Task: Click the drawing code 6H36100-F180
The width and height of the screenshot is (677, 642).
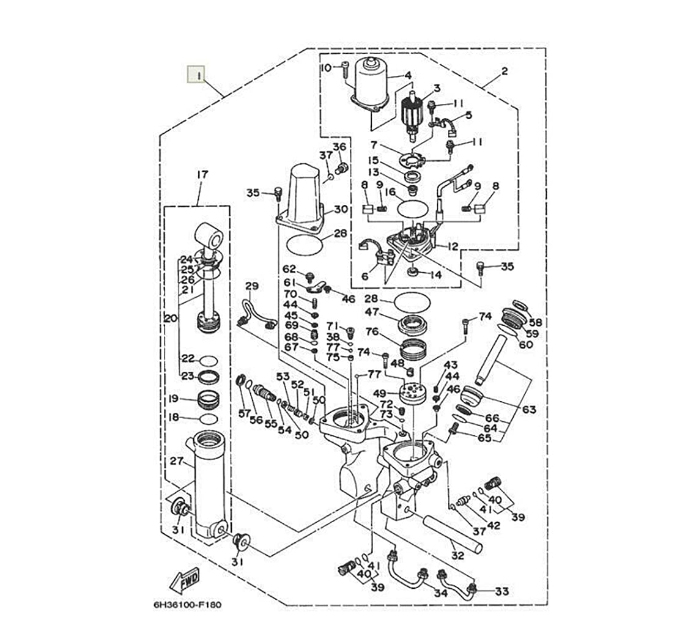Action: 187,605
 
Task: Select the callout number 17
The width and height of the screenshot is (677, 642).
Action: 202,174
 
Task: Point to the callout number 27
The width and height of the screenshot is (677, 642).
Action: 177,461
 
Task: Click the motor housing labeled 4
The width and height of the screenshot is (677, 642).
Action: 372,86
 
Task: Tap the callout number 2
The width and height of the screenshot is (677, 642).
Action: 505,71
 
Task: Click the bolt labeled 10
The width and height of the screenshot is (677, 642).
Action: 346,70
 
